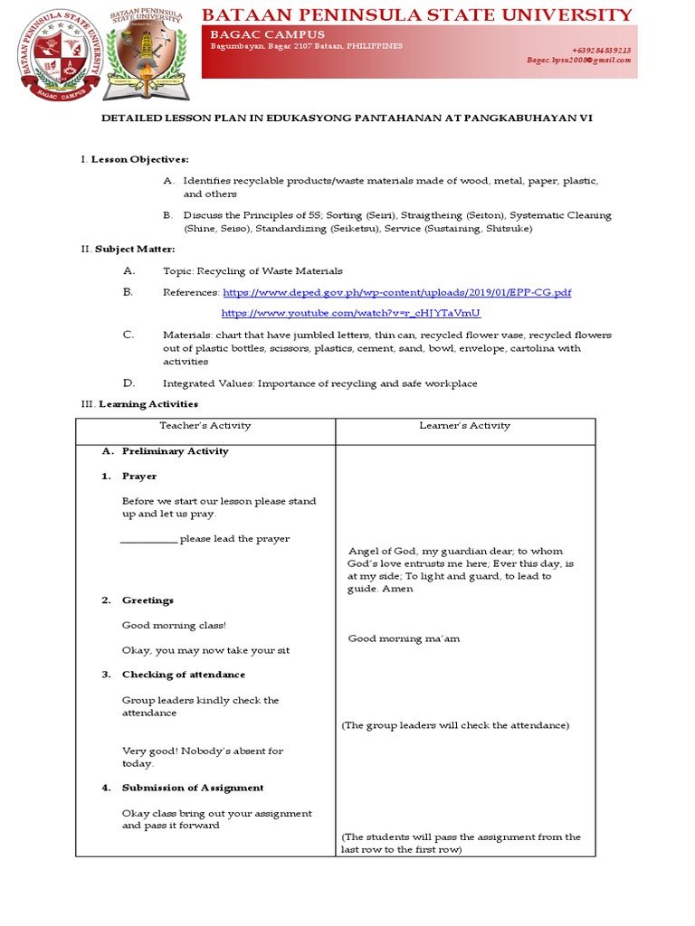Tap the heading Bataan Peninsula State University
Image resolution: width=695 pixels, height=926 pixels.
[x=416, y=14]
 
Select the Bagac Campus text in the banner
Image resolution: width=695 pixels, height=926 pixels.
[x=267, y=34]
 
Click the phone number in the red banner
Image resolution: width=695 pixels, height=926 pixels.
[x=601, y=51]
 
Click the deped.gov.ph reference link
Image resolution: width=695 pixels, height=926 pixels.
[x=396, y=293]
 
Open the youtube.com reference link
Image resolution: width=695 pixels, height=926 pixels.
[x=351, y=313]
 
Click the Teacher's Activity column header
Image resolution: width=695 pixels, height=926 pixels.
[x=205, y=426]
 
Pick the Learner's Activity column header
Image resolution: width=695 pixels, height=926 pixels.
[x=464, y=426]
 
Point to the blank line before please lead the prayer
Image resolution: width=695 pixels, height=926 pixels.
[x=148, y=540]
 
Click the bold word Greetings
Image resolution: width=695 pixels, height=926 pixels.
[x=148, y=600]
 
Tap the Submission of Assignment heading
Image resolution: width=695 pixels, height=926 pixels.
[x=193, y=788]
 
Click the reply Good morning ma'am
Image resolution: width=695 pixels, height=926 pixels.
[x=404, y=638]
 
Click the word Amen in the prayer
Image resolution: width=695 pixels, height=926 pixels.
[x=398, y=589]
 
